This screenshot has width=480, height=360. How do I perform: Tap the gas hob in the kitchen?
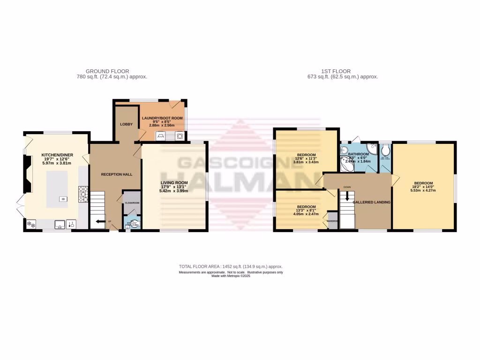point(83,194)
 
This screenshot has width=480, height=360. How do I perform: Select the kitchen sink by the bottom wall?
point(60,224)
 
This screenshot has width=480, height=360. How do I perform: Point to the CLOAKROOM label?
point(132,202)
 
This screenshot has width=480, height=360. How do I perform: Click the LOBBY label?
point(126,124)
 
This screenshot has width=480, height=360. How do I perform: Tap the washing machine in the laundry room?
point(179,136)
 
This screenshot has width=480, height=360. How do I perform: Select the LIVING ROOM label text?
point(174,183)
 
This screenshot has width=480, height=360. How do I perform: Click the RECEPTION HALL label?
point(117,174)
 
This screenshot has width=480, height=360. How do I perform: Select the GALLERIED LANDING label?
point(375,202)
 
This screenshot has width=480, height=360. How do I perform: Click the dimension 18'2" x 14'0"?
point(423,187)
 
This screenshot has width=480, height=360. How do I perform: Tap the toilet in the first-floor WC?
point(386,150)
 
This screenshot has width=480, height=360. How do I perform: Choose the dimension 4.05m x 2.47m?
point(306,214)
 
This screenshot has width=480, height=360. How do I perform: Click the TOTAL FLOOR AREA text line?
point(230,266)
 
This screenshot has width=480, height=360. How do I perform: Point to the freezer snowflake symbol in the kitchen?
point(32,224)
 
